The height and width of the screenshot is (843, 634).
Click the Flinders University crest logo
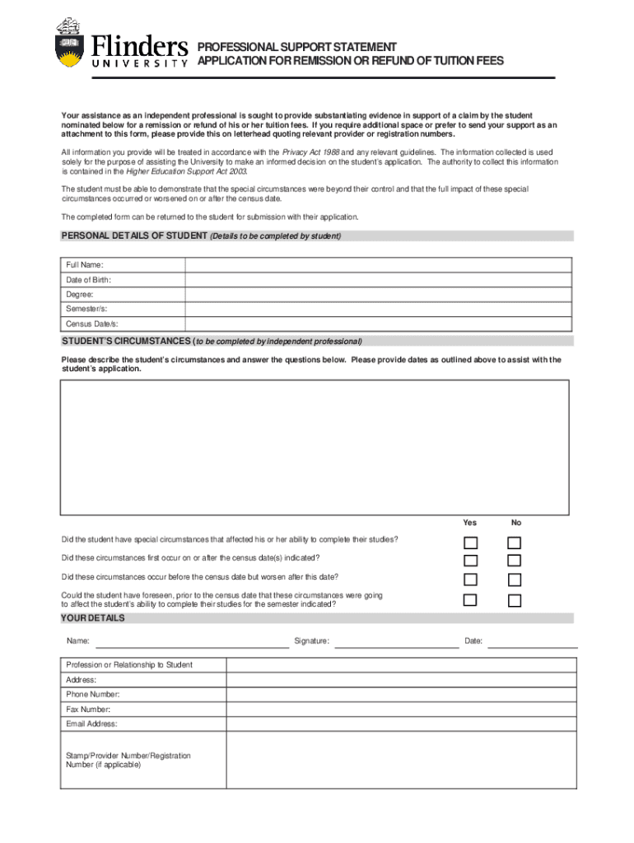(70, 43)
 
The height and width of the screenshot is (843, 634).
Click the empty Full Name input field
(378, 264)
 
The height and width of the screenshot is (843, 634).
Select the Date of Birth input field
(378, 280)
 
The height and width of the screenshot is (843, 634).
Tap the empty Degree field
(378, 295)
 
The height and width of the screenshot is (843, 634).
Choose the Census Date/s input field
(378, 324)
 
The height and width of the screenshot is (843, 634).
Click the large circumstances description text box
(314, 448)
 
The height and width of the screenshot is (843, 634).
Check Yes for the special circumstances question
(470, 543)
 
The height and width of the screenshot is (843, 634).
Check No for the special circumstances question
(515, 543)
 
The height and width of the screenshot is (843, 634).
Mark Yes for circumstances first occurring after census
(470, 561)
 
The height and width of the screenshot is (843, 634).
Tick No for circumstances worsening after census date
(515, 580)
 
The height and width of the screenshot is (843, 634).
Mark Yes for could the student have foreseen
(470, 599)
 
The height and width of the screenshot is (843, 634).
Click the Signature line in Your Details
(396, 641)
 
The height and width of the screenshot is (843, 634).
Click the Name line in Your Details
(192, 641)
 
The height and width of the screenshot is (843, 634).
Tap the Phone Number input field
(401, 694)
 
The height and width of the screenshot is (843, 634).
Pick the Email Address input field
(401, 724)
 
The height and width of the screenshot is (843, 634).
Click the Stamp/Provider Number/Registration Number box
(401, 760)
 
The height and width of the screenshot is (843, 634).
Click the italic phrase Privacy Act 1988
(311, 152)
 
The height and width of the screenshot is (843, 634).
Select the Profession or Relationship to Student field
(401, 664)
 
